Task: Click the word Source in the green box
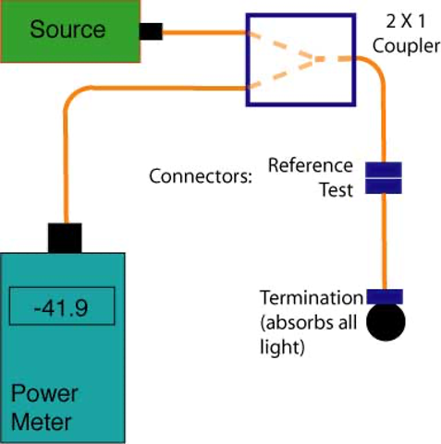pyautogui.click(x=67, y=30)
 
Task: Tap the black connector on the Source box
pyautogui.click(x=151, y=31)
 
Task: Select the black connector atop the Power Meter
pyautogui.click(x=65, y=238)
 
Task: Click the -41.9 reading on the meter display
pyautogui.click(x=61, y=307)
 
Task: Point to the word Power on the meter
pyautogui.click(x=44, y=393)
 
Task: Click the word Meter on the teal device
pyautogui.click(x=42, y=422)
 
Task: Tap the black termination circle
pyautogui.click(x=386, y=322)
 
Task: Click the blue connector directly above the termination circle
pyautogui.click(x=385, y=296)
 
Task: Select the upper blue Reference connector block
pyautogui.click(x=384, y=170)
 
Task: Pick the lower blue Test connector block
pyautogui.click(x=384, y=186)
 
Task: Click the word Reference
pyautogui.click(x=311, y=165)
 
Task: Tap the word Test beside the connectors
pyautogui.click(x=337, y=190)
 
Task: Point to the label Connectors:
pyautogui.click(x=201, y=176)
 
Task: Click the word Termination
pyautogui.click(x=312, y=297)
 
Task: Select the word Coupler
pyautogui.click(x=406, y=46)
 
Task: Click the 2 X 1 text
pyautogui.click(x=406, y=21)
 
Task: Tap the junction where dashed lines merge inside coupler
pyautogui.click(x=314, y=59)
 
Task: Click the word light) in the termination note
pyautogui.click(x=282, y=347)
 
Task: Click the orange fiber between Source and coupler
pyautogui.click(x=204, y=32)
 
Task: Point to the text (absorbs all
pyautogui.click(x=309, y=323)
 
